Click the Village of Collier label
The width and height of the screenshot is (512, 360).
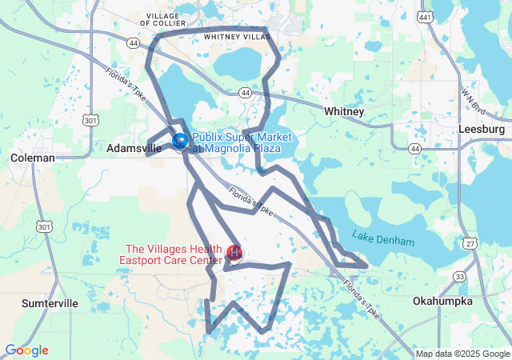click(165, 18)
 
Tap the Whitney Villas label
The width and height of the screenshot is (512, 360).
click(238, 37)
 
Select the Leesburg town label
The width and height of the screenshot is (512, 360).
click(482, 129)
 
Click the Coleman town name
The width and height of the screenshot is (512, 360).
click(33, 158)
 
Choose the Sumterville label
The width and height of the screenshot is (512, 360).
click(49, 304)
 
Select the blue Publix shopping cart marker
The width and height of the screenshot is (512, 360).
click(180, 142)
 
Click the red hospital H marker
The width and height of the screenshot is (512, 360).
click(235, 254)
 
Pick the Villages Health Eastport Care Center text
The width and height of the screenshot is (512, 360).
click(171, 254)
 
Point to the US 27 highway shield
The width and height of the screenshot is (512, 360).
click(470, 242)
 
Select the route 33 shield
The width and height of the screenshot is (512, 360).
click(458, 276)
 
